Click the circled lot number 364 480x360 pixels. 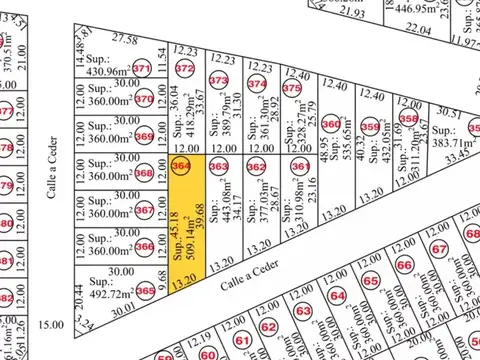181,165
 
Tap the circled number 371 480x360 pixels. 142,69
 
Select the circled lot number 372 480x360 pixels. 184,69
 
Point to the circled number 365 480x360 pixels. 146,290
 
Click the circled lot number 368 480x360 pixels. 144,174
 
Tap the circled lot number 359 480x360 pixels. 370,127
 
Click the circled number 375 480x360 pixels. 292,88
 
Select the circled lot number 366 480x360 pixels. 144,247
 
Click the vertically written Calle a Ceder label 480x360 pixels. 54,167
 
